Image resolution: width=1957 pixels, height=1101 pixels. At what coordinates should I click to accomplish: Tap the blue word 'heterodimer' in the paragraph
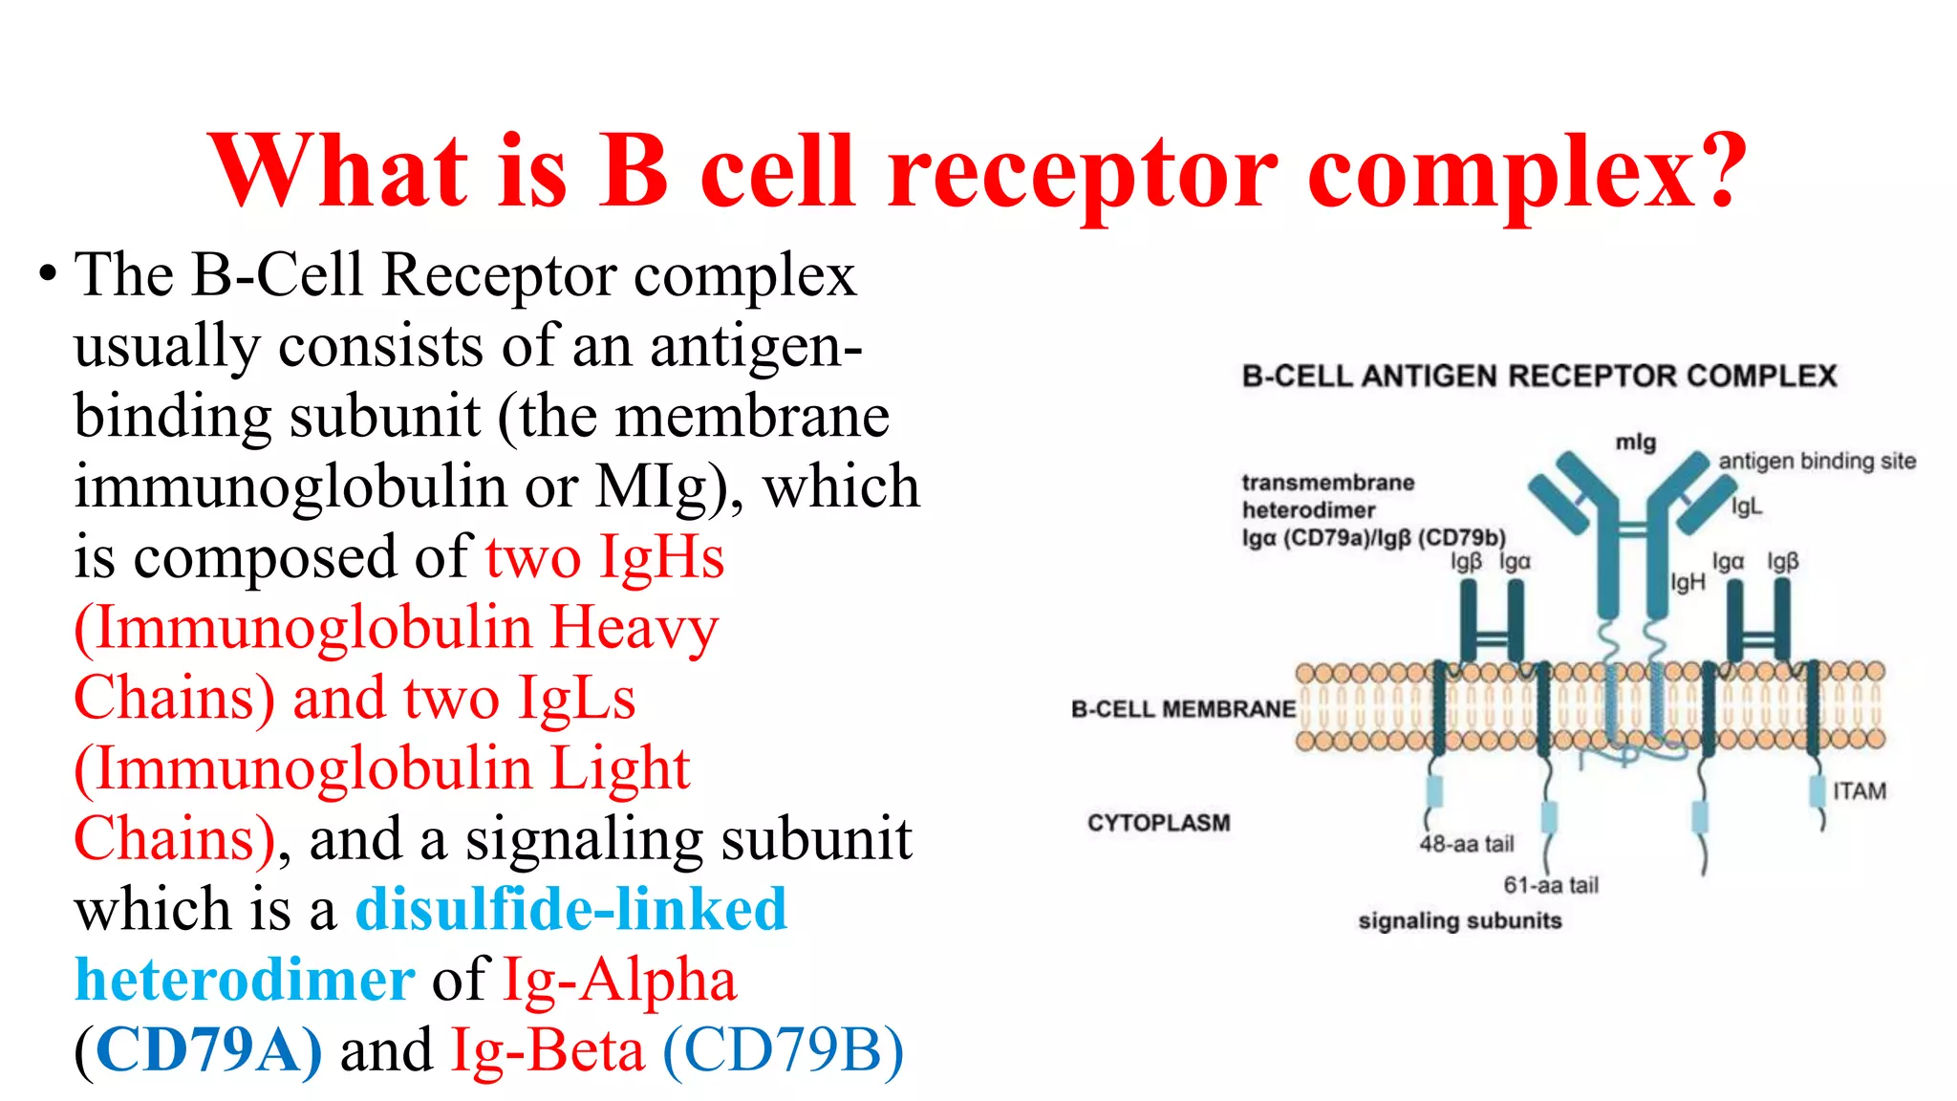click(x=245, y=980)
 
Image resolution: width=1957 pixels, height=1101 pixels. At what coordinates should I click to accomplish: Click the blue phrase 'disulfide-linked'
click(x=571, y=909)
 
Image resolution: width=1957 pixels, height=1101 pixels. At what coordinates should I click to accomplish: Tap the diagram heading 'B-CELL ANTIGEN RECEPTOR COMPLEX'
click(x=1538, y=376)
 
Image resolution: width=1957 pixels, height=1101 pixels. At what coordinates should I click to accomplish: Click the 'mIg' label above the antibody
click(x=1635, y=443)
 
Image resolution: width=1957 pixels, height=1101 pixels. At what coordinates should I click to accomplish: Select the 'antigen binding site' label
click(x=1817, y=462)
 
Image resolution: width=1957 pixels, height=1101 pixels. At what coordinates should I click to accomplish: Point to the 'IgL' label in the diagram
click(x=1746, y=507)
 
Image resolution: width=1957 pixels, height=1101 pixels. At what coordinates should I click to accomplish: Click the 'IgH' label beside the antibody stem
click(x=1688, y=582)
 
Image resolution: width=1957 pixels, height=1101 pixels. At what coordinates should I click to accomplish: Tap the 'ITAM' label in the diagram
click(x=1859, y=791)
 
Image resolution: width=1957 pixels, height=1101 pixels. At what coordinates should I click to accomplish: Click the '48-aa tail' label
click(x=1467, y=844)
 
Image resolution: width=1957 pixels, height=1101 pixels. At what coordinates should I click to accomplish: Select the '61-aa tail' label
click(x=1550, y=885)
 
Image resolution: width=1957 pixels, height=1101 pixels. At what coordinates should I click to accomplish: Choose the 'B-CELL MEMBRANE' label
click(x=1183, y=709)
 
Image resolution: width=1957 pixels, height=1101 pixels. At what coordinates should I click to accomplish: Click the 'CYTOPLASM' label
click(x=1158, y=823)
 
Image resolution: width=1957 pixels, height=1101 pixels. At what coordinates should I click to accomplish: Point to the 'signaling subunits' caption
click(x=1459, y=921)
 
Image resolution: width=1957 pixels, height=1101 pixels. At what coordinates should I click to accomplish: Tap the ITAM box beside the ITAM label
click(x=1817, y=790)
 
